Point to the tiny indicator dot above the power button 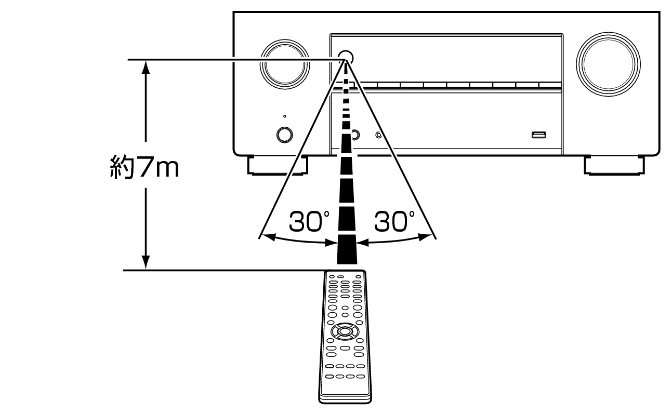point(284,116)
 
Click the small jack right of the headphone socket point(379,135)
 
